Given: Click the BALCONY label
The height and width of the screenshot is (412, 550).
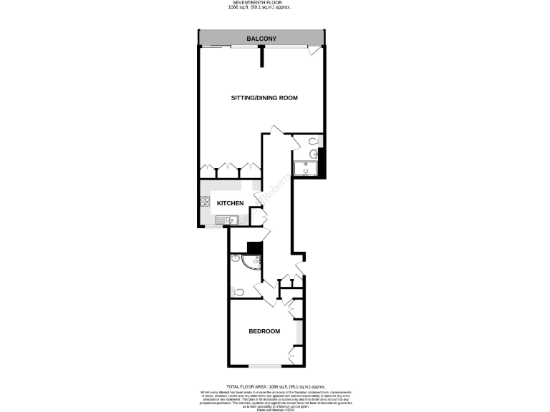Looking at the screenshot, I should tap(261, 38).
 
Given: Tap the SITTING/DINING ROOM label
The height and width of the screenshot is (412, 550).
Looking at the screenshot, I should tap(264, 97).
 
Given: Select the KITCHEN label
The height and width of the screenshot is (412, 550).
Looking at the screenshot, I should tap(230, 204).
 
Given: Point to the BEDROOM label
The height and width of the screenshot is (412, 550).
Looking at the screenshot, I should tap(264, 331).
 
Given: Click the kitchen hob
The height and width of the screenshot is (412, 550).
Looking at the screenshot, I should tap(205, 202).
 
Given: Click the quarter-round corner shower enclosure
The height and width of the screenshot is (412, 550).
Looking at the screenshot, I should tap(251, 265).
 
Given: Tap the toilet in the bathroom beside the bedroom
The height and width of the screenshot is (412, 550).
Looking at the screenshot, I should tap(239, 292).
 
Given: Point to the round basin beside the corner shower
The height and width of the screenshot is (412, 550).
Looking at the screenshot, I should tap(234, 260).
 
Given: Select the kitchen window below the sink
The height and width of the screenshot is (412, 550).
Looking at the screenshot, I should tap(215, 227).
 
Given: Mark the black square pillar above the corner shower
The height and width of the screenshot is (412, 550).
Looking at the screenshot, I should tap(252, 248).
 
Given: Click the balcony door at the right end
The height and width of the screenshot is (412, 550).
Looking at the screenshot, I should tap(312, 50).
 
